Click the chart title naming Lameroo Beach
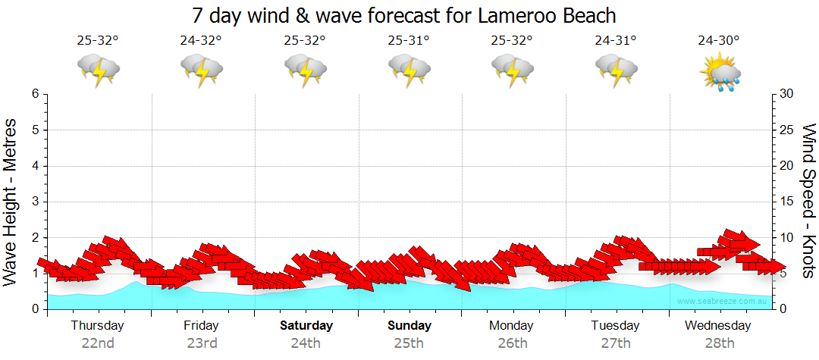point(404,15)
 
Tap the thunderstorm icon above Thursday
point(98,70)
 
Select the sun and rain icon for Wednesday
point(719,72)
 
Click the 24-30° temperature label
point(719,41)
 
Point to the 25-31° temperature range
point(408,41)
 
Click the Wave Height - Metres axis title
point(11,201)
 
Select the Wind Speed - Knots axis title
point(807,201)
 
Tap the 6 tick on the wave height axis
point(35,94)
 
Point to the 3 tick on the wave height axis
point(35,202)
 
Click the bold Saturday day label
point(306,326)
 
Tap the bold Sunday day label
point(409,326)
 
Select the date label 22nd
point(98,343)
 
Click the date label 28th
point(719,343)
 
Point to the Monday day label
point(512,326)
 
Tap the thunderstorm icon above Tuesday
point(615,70)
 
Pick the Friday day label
point(201,326)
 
